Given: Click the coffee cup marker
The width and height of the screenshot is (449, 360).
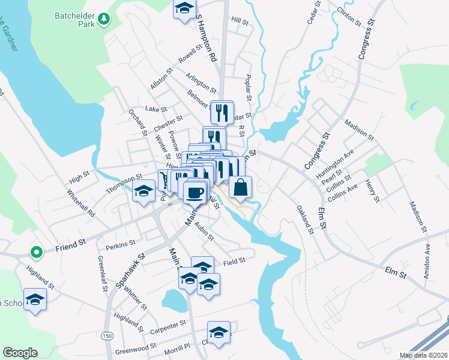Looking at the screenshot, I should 193,193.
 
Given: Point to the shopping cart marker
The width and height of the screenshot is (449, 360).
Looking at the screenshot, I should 164,179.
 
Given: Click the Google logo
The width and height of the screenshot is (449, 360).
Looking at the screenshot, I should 20,353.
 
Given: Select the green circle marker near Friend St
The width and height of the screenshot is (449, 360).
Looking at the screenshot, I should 36,253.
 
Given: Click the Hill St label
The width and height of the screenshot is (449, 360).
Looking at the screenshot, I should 240,21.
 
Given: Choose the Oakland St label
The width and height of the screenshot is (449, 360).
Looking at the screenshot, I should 305,219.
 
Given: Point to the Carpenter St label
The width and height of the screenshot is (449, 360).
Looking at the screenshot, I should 168,326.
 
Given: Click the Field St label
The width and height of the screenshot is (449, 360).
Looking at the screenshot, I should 234,261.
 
